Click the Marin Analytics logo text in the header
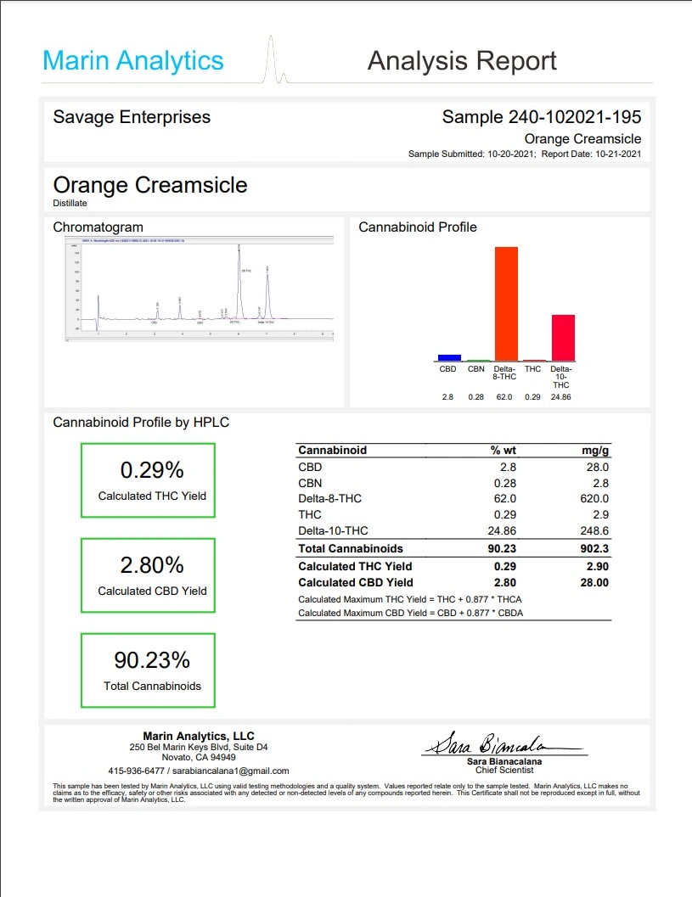point(133,61)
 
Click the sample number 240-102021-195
point(575,117)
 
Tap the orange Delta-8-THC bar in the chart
point(506,303)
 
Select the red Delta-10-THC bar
point(563,338)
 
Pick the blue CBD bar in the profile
point(449,357)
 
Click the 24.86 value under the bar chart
point(561,397)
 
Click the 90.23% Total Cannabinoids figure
point(152,660)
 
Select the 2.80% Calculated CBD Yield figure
point(152,565)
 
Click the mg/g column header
point(594,450)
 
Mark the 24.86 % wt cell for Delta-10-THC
point(498,531)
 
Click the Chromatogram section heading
point(98,227)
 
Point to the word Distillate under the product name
point(70,204)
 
